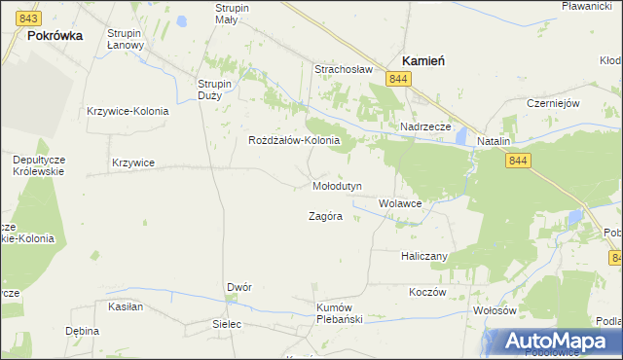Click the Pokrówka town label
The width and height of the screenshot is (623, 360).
(x=55, y=34)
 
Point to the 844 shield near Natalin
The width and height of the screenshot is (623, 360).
(x=518, y=161)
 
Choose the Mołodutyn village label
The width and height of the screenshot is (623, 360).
(x=337, y=185)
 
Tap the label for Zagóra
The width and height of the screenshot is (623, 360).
(x=325, y=216)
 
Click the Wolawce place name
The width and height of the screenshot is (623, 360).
(x=400, y=203)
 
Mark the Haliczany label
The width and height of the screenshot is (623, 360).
(x=423, y=256)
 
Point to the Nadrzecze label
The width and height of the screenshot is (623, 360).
(x=425, y=126)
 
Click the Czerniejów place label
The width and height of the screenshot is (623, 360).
(x=553, y=103)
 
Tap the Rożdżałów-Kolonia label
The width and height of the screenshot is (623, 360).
(x=294, y=139)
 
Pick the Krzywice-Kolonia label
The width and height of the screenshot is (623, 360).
(x=128, y=110)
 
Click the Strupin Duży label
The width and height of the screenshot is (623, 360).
(x=214, y=90)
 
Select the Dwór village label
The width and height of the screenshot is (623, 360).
(x=239, y=287)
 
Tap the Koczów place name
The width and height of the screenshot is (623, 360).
(x=427, y=291)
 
